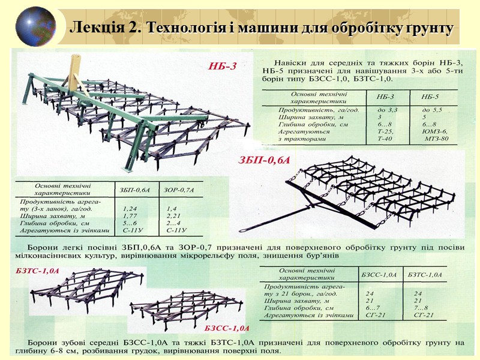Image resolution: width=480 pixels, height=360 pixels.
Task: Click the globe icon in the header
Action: (x=35, y=26)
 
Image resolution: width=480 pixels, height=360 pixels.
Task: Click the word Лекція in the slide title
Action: (x=92, y=28)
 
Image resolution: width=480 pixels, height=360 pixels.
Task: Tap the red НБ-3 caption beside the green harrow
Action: (x=222, y=66)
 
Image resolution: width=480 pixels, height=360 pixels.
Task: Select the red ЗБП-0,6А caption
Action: (x=264, y=160)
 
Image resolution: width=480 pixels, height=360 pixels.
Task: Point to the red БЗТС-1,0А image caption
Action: (x=37, y=271)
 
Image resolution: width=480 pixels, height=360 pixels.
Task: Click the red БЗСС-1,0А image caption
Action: (x=226, y=329)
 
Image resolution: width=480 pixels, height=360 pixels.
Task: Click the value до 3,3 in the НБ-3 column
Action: (x=387, y=110)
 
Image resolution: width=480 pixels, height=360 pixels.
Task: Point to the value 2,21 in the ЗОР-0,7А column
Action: (x=175, y=215)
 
